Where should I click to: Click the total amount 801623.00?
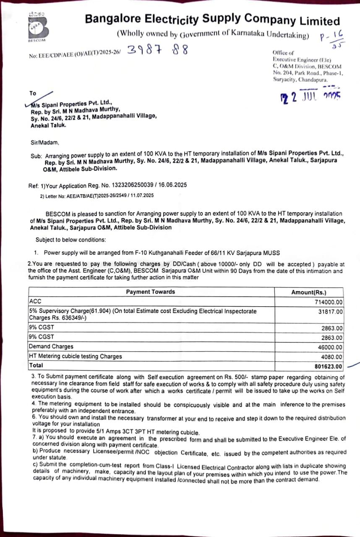tap(329, 367)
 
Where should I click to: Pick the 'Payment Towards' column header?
tap(150, 292)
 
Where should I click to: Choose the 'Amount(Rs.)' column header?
tap(309, 292)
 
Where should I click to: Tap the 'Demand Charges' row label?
tap(51, 347)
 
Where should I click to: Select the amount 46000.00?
tap(330, 347)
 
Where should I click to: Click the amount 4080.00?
tap(332, 357)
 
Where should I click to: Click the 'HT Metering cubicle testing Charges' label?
tap(75, 356)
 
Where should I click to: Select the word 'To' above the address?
tap(33, 93)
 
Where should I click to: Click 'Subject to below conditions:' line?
tap(70, 240)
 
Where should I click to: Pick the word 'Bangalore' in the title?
tap(112, 19)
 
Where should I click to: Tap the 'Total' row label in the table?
tap(36, 365)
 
